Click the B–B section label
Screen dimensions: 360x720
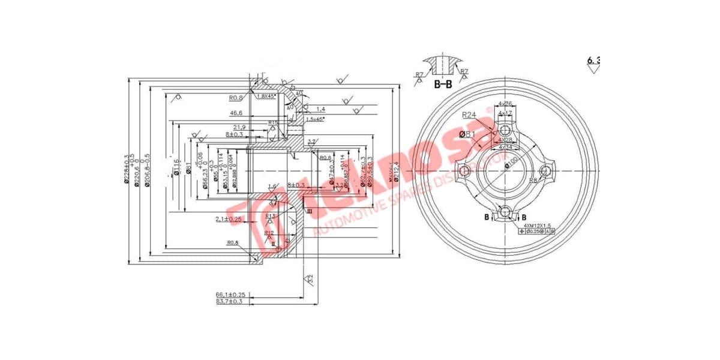(443, 85)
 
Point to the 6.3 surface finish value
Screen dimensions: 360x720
(593, 60)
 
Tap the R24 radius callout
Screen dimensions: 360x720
(469, 115)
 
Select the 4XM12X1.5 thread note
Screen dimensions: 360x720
(536, 225)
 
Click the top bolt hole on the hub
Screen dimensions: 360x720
(505, 130)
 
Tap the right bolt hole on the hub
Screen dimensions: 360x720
(545, 172)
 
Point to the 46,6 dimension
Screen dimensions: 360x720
(236, 113)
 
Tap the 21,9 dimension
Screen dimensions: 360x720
(239, 127)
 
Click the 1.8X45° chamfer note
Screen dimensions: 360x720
(266, 96)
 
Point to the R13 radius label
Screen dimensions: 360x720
(269, 216)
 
